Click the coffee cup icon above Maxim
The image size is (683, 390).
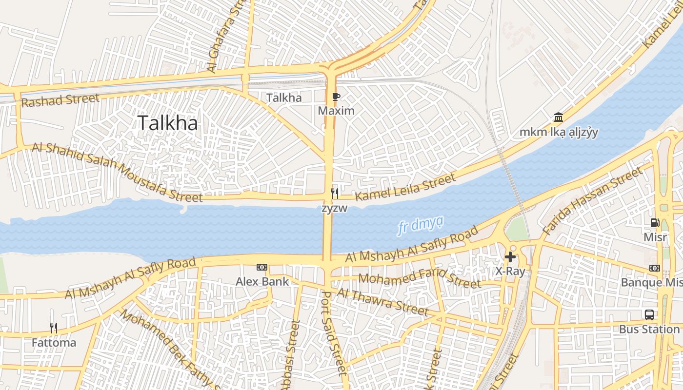click(336, 97)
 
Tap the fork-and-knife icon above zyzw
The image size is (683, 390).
click(335, 194)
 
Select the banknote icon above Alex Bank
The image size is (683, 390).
click(262, 267)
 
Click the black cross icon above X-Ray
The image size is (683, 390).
click(510, 257)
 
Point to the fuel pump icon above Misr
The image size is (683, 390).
click(655, 223)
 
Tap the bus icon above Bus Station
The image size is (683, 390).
click(649, 315)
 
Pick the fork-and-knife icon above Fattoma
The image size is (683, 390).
click(54, 328)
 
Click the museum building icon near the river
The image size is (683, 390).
click(559, 117)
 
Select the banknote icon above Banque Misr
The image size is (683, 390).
click(655, 268)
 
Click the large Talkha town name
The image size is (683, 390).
click(168, 123)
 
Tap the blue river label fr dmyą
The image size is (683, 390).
click(420, 226)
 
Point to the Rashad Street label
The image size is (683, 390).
click(60, 100)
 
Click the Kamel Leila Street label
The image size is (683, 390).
click(405, 187)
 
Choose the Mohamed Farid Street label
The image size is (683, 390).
click(420, 279)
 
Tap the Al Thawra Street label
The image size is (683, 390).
click(382, 301)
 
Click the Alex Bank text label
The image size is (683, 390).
click(262, 281)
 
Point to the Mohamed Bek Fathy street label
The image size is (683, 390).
click(168, 349)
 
